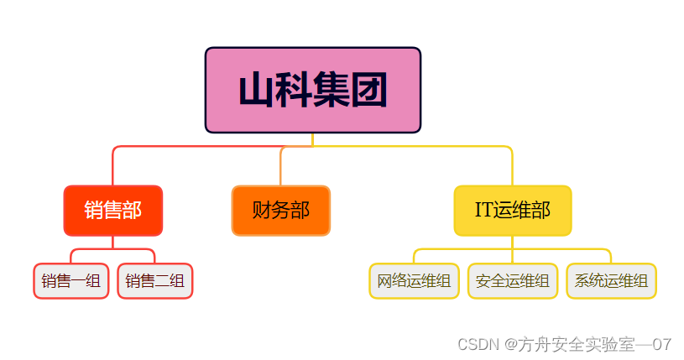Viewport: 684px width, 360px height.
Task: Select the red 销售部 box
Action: [112, 210]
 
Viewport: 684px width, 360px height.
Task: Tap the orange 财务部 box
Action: [280, 210]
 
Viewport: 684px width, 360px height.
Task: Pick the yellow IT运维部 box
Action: [512, 210]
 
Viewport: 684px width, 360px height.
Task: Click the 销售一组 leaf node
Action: [71, 281]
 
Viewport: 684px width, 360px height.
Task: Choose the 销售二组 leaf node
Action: [155, 281]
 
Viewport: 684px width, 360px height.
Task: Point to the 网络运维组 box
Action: [414, 281]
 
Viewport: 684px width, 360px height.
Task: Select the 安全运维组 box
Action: [512, 281]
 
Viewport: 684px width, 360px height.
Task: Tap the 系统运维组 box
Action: [611, 281]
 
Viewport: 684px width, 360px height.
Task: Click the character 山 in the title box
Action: [255, 91]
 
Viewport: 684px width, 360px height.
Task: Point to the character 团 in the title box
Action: [368, 91]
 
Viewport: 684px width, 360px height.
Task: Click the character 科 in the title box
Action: [293, 91]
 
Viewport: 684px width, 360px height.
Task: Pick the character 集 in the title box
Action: [331, 91]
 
